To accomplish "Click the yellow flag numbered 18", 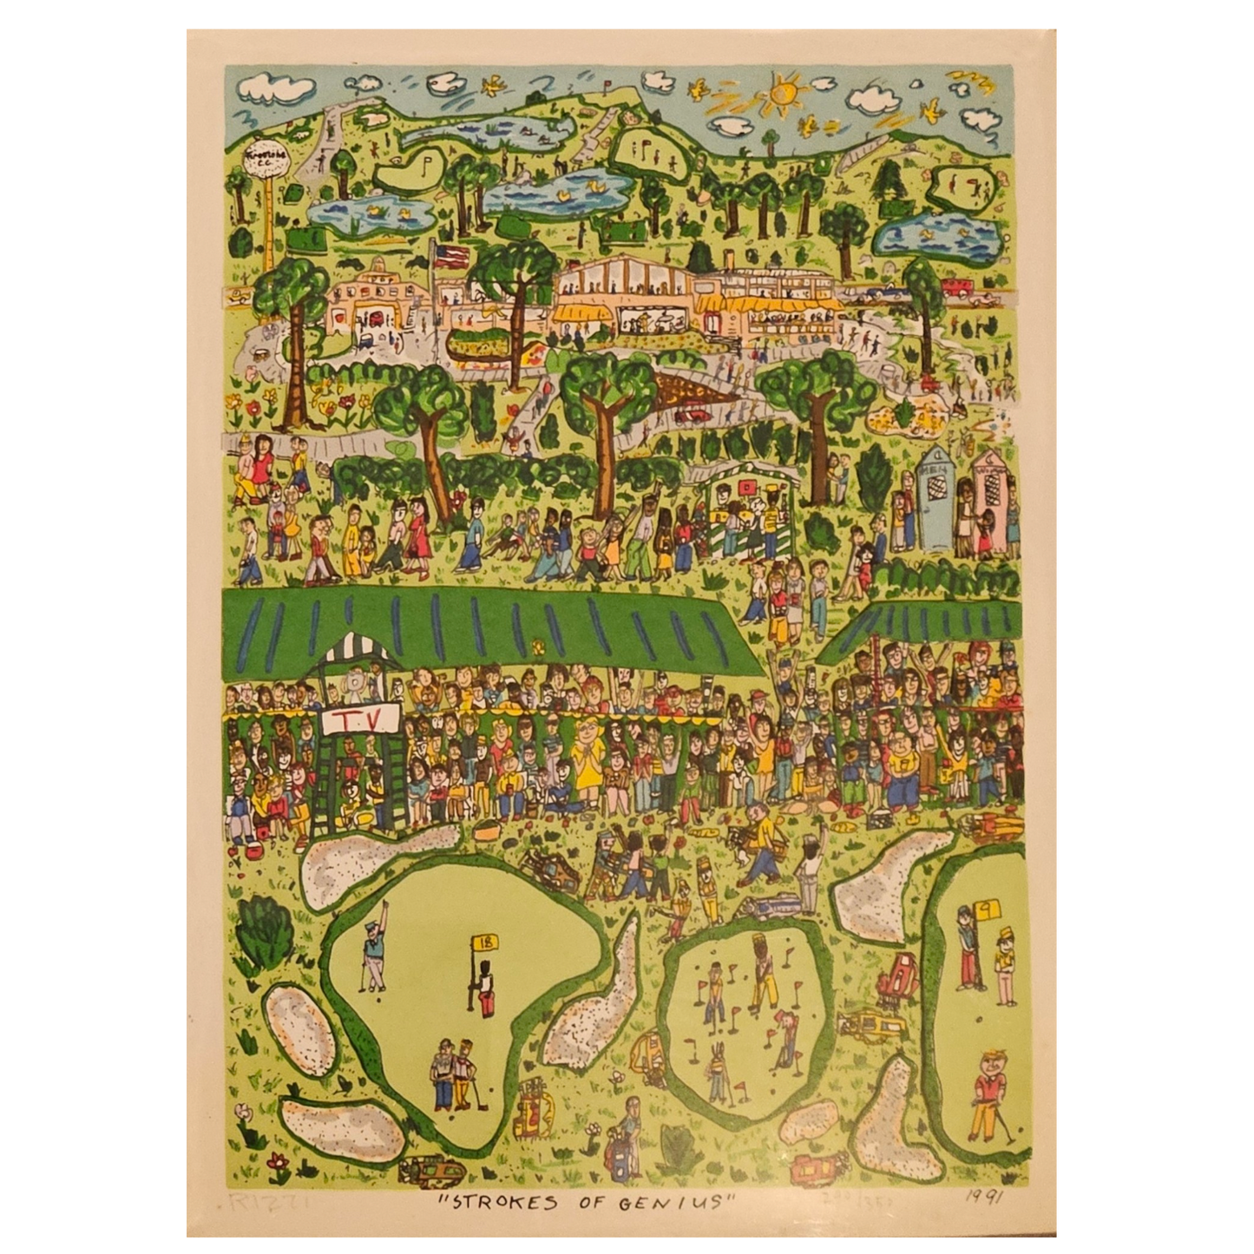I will (483, 942).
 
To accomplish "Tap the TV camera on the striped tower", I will (357, 682).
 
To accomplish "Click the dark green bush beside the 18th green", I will (257, 920).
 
